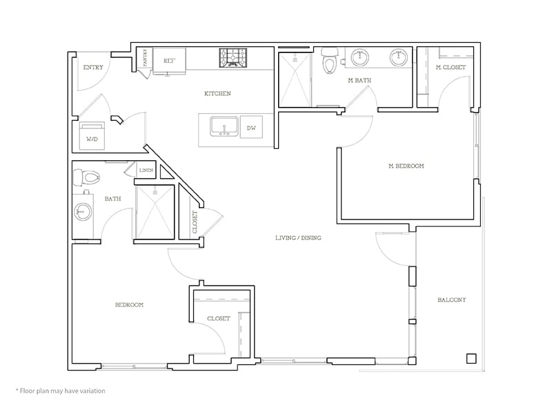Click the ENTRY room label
(x=92, y=68)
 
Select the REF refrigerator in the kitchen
(x=169, y=61)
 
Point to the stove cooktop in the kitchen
(x=234, y=58)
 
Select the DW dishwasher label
(x=251, y=128)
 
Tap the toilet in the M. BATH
(x=330, y=62)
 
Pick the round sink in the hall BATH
(x=83, y=212)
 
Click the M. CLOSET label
(x=450, y=68)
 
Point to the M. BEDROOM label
(x=406, y=166)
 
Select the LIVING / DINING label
(x=298, y=238)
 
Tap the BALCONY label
(x=452, y=300)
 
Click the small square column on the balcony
(x=471, y=358)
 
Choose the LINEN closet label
(x=146, y=170)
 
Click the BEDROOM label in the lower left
(x=129, y=304)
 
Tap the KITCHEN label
(x=217, y=93)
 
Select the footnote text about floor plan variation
(x=60, y=391)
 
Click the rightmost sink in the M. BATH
(x=398, y=58)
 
